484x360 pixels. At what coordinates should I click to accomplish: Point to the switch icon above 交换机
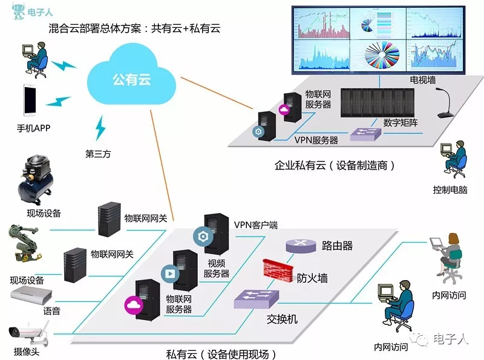pyautogui.click(x=257, y=297)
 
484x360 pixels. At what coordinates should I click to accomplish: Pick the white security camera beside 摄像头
pyautogui.click(x=28, y=330)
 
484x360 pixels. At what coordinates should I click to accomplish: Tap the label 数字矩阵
pyautogui.click(x=400, y=122)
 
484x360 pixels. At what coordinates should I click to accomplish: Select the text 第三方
pyautogui.click(x=98, y=153)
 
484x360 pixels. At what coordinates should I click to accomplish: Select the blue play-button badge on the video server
pyautogui.click(x=169, y=272)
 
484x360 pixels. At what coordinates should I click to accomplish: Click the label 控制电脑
pyautogui.click(x=450, y=189)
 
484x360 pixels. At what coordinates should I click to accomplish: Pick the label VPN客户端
pyautogui.click(x=255, y=224)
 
